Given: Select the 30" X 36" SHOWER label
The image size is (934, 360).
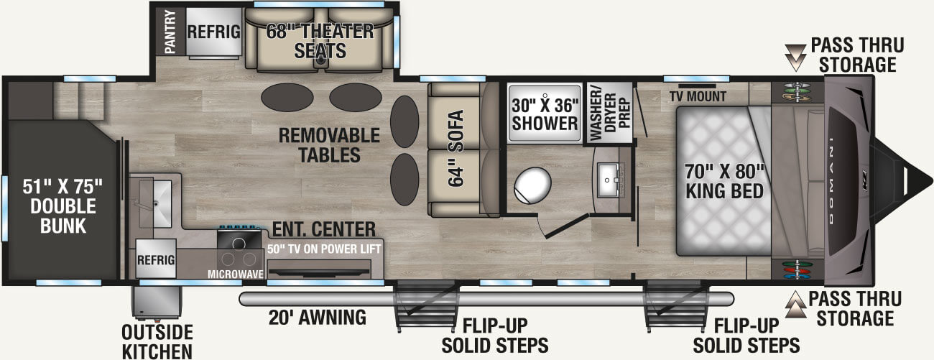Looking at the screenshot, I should click(545, 113).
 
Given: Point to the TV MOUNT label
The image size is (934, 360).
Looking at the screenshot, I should click(698, 96).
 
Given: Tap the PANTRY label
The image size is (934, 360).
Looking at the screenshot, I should click(170, 32).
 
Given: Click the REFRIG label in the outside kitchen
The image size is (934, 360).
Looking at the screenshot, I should click(157, 259).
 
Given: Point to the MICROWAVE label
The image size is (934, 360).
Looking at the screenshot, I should click(235, 274).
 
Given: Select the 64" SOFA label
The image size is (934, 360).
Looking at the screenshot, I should click(456, 149).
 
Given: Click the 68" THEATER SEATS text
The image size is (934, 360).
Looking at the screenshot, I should click(320, 41).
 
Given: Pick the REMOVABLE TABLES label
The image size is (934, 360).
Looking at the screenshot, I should click(320, 144).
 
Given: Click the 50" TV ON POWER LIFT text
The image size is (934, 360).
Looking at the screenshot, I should click(324, 249).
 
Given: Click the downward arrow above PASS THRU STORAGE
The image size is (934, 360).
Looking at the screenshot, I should click(795, 52).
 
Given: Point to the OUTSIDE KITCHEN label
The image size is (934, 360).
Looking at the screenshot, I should click(157, 341).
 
